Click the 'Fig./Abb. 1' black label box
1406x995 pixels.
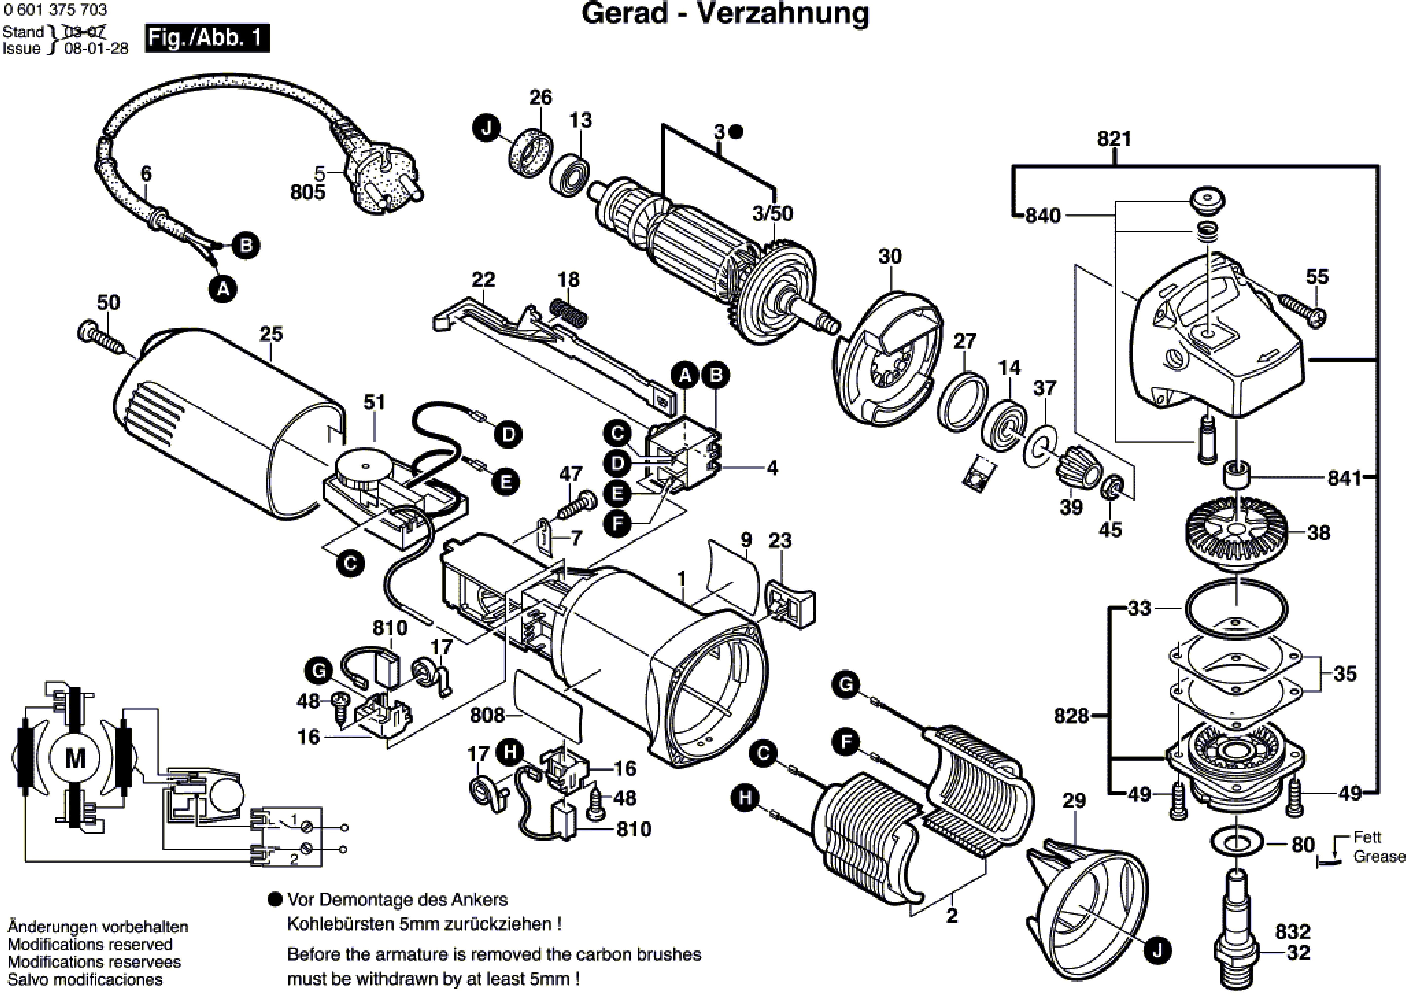click(207, 38)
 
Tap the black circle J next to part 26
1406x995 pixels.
click(486, 129)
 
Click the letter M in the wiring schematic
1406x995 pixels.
click(76, 758)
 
